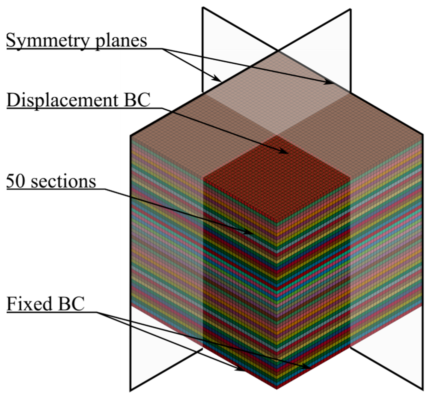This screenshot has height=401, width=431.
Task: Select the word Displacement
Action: point(62,100)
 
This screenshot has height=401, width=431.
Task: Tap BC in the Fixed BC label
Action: point(71,304)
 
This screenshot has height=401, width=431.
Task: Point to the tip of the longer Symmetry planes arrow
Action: point(332,83)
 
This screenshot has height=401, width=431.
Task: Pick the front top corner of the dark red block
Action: point(277,222)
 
